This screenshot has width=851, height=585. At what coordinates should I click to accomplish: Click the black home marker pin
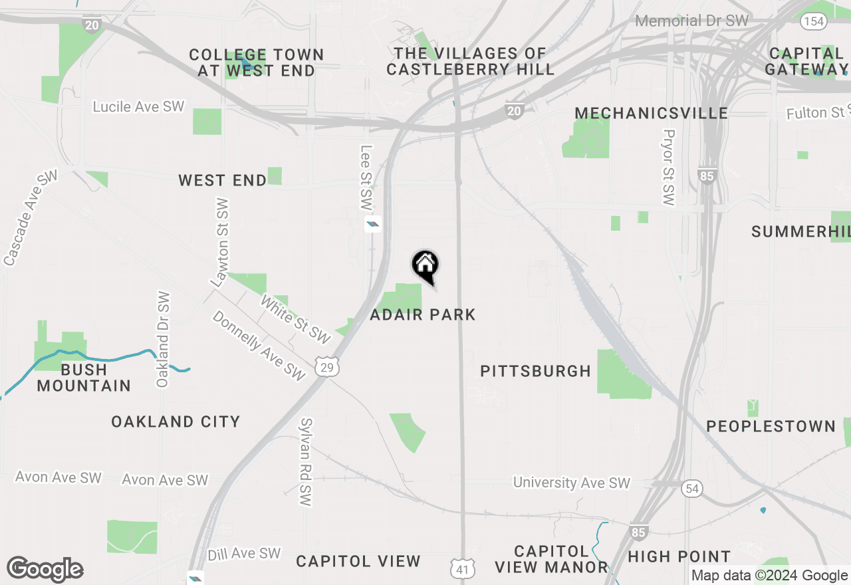click(x=425, y=267)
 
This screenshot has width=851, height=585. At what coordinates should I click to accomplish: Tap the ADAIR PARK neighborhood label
click(x=423, y=314)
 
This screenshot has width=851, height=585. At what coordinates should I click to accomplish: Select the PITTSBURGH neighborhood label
click(x=536, y=371)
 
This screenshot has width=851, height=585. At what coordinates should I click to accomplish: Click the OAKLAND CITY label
click(x=176, y=421)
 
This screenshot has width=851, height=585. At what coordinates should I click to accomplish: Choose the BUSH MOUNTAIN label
click(x=84, y=378)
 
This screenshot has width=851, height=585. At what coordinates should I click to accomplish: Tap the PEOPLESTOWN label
click(x=771, y=426)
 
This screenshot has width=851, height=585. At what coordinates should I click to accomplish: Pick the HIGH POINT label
click(x=679, y=556)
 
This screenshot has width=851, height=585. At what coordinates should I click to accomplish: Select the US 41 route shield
click(x=462, y=568)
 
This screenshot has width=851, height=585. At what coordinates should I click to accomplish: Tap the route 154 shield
click(x=813, y=21)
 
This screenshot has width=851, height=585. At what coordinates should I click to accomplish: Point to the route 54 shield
click(x=692, y=489)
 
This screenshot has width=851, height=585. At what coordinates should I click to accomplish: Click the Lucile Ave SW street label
click(x=138, y=106)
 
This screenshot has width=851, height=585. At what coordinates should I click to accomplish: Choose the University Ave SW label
click(x=572, y=483)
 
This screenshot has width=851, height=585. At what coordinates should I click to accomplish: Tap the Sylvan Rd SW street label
click(x=306, y=462)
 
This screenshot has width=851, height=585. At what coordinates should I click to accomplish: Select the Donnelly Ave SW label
click(x=259, y=346)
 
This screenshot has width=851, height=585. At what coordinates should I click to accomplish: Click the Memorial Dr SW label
click(x=691, y=21)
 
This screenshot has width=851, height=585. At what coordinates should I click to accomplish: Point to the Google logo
click(x=45, y=570)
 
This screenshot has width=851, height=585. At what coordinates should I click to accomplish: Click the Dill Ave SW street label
click(x=244, y=554)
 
